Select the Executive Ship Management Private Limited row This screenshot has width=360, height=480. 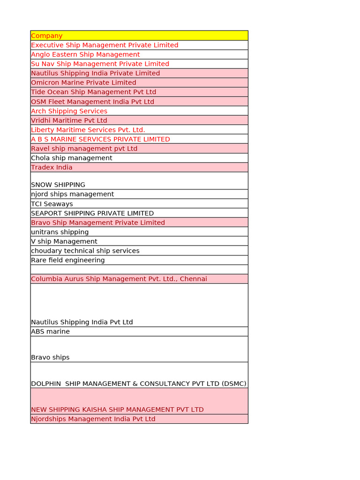105,45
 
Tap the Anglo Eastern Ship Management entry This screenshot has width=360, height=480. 85,54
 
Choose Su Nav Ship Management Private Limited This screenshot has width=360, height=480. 100,64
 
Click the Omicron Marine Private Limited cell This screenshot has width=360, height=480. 83,82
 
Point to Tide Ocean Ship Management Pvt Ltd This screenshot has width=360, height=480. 93,92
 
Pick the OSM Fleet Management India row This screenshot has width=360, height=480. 92,101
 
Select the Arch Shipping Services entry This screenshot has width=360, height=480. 69,111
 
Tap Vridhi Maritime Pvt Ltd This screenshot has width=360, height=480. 69,120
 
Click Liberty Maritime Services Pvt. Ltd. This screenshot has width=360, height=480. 88,130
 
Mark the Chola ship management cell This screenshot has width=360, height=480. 72,158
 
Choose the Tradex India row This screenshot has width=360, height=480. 52,167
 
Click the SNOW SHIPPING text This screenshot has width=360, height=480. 58,185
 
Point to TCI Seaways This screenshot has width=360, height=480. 52,204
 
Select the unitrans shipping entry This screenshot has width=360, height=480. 60,232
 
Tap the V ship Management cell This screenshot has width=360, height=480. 64,241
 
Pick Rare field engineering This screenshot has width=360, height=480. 68,260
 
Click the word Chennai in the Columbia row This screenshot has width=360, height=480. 192,279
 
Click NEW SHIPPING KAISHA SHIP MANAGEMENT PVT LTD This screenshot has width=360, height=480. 117,410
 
